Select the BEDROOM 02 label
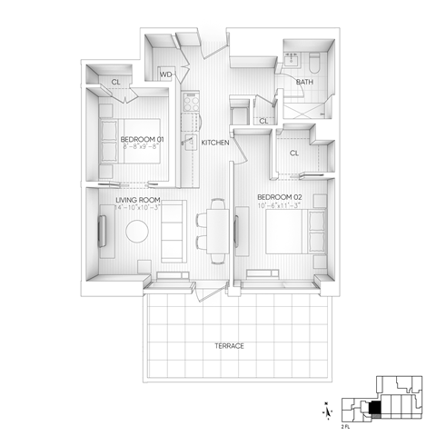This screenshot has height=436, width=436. pyautogui.click(x=279, y=197)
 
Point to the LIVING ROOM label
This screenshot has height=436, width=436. pyautogui.click(x=138, y=200)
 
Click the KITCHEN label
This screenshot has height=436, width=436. pyautogui.click(x=214, y=144)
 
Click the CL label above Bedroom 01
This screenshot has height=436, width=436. pyautogui.click(x=116, y=83)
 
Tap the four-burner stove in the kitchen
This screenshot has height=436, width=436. pyautogui.click(x=191, y=104)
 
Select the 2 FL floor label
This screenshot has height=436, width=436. pyautogui.click(x=346, y=424)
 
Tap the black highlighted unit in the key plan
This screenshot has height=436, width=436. pyautogui.click(x=375, y=408)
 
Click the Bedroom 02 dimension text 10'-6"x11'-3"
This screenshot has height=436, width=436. pyautogui.click(x=279, y=207)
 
